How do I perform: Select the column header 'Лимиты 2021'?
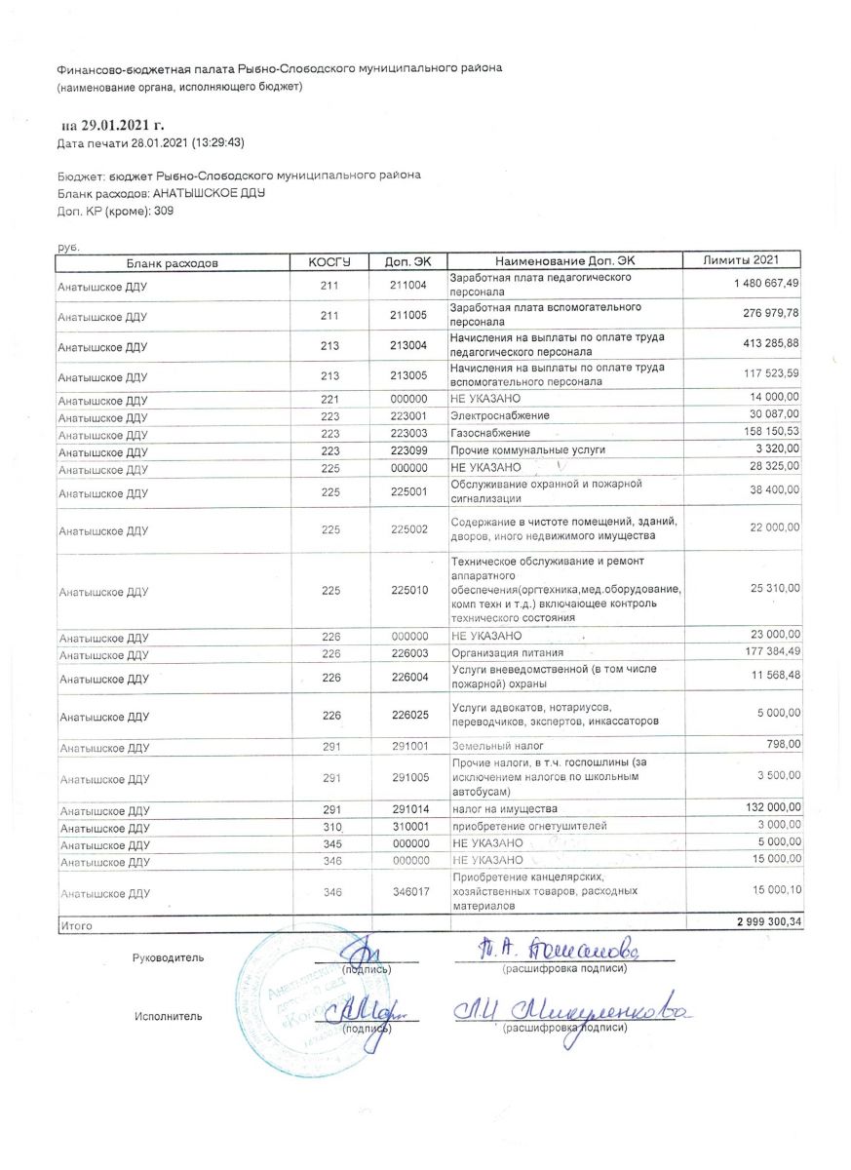[x=743, y=260]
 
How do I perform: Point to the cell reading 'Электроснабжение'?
[x=492, y=416]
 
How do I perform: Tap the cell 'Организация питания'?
[x=508, y=652]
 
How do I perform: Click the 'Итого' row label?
[x=75, y=925]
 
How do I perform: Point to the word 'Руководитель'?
[x=169, y=958]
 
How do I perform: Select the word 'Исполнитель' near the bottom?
[x=169, y=1017]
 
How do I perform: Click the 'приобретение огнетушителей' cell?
[x=528, y=826]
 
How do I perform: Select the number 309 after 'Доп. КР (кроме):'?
[x=164, y=210]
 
